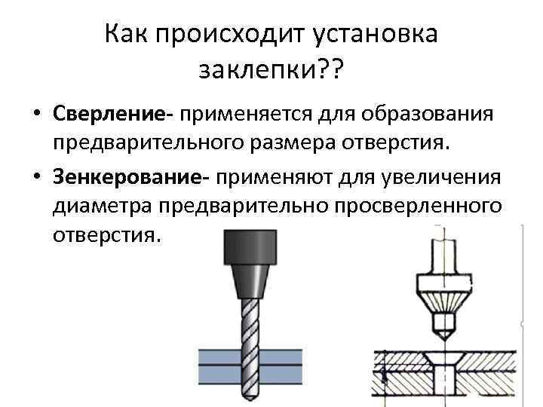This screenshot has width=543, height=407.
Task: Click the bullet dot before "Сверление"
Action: click(36, 115)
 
